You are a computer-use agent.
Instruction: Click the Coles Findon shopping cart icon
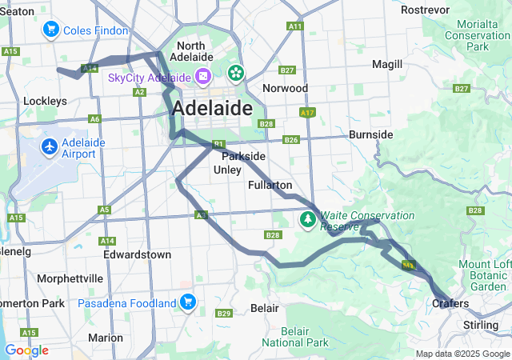pyautogui.click(x=52, y=30)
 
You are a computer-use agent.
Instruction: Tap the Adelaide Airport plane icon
pyautogui.click(x=50, y=147)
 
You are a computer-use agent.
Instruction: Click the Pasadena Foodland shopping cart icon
pyautogui.click(x=187, y=302)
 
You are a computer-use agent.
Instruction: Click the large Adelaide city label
pyautogui.click(x=212, y=108)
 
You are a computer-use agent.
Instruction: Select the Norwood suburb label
pyautogui.click(x=284, y=88)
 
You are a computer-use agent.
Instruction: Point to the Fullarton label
pyautogui.click(x=270, y=185)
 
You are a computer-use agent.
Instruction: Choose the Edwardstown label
pyautogui.click(x=137, y=254)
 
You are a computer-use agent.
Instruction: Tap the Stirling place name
pyautogui.click(x=481, y=326)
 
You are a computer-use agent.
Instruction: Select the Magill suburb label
pyautogui.click(x=387, y=64)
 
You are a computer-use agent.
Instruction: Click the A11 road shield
pyautogui.click(x=295, y=26)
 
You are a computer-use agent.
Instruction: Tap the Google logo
pyautogui.click(x=26, y=350)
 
